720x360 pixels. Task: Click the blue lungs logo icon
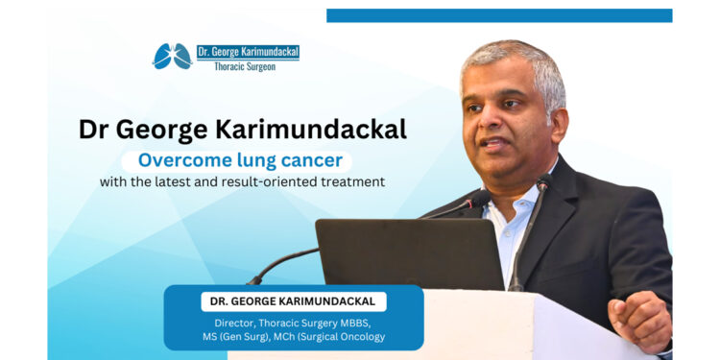(x=173, y=57)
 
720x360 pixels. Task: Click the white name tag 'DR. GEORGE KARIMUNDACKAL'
(x=293, y=301)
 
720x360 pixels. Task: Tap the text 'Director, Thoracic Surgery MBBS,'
(x=293, y=322)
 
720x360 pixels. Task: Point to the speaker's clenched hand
(x=639, y=321)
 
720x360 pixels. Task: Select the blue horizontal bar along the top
(x=498, y=15)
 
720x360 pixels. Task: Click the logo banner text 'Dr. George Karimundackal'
(x=247, y=52)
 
